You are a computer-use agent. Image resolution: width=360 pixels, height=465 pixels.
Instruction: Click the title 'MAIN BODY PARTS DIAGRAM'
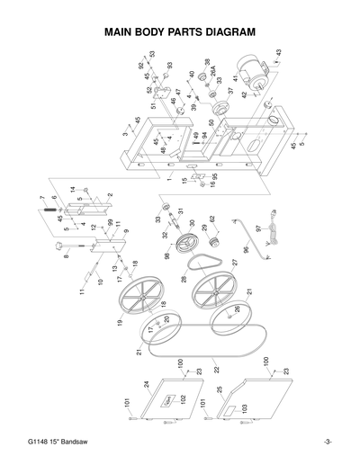(180, 31)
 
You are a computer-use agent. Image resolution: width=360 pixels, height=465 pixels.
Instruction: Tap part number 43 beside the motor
(279, 53)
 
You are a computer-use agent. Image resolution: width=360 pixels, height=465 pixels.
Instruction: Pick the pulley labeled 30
(191, 244)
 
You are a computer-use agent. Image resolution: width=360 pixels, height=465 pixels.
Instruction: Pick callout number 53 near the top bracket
(152, 55)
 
